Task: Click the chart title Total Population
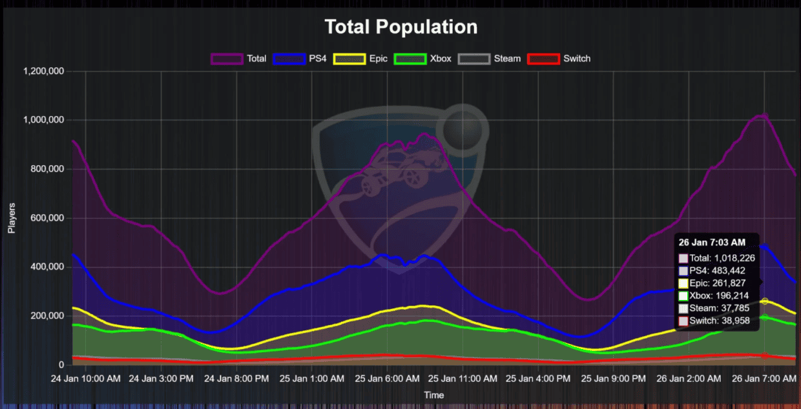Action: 400,27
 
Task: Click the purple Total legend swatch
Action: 226,59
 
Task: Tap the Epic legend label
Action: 379,59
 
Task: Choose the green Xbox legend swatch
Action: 409,59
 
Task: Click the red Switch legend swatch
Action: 543,59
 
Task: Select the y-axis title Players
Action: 12,218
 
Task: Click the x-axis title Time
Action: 434,395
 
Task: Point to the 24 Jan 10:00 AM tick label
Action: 85,379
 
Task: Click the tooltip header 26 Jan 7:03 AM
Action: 712,243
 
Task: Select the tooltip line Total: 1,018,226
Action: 716,258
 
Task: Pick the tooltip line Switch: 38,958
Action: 716,321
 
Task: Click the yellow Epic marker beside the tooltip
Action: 765,301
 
